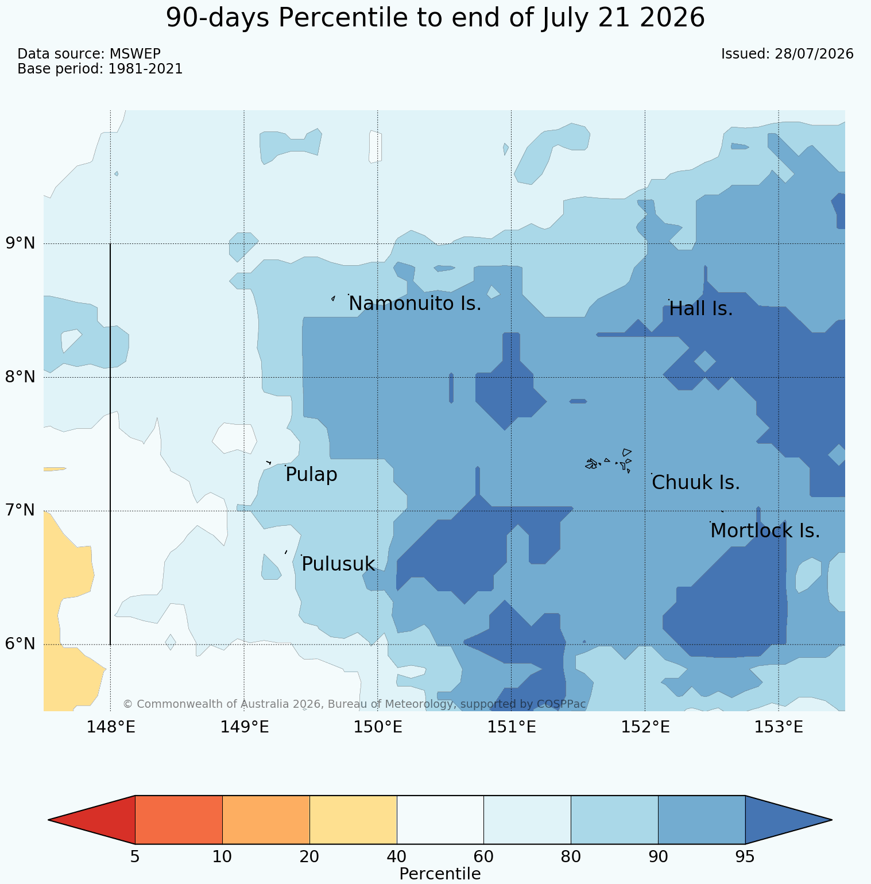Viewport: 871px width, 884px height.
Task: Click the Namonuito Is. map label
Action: click(415, 304)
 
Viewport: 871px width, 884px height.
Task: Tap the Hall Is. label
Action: click(701, 309)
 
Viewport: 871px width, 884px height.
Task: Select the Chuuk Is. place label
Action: click(696, 483)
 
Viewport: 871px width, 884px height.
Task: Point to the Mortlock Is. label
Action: click(765, 531)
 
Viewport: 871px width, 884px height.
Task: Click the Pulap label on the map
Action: click(311, 475)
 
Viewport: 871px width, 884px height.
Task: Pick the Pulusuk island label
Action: click(338, 564)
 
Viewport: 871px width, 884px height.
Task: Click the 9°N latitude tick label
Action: click(21, 243)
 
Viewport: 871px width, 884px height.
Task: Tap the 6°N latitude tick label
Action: click(21, 644)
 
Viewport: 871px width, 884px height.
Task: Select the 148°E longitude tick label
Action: click(111, 727)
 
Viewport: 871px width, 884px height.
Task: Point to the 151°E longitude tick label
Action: click(512, 727)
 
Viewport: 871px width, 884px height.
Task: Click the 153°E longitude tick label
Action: click(779, 727)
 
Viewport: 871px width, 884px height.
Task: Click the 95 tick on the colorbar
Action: click(745, 857)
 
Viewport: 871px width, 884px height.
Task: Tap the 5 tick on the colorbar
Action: click(135, 857)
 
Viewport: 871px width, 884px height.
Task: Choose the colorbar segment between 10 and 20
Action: click(266, 820)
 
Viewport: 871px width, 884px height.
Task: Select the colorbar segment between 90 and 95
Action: click(702, 820)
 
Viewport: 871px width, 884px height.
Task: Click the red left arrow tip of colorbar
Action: click(49, 820)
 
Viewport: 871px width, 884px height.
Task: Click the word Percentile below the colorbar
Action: click(440, 874)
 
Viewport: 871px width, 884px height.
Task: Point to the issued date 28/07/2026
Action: click(814, 54)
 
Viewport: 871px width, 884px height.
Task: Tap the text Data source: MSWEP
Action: click(89, 54)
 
